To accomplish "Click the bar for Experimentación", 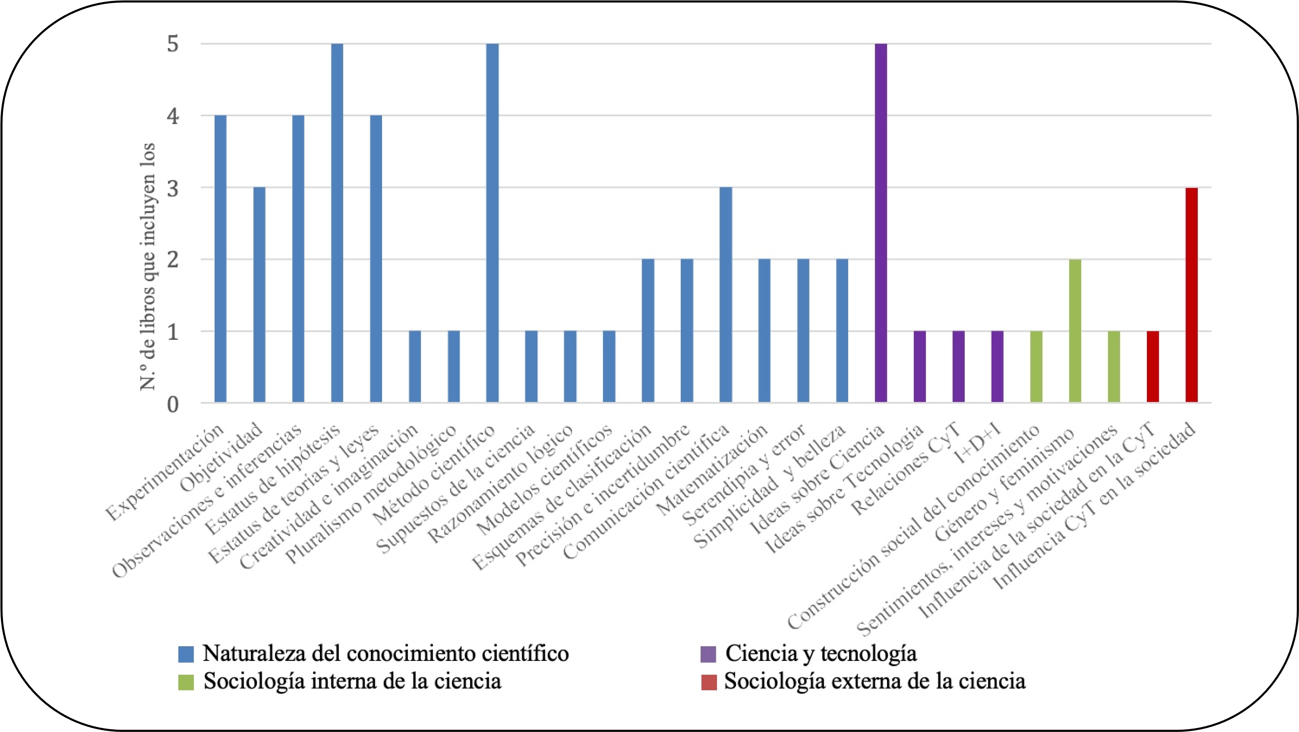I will pyautogui.click(x=220, y=259).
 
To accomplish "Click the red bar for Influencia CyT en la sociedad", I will pyautogui.click(x=1191, y=295).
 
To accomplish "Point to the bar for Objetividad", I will pyautogui.click(x=259, y=295).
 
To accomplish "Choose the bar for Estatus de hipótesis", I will pyautogui.click(x=337, y=223).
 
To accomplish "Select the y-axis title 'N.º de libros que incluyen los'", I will pyautogui.click(x=147, y=267).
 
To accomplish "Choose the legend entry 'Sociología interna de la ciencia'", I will pyautogui.click(x=352, y=681).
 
